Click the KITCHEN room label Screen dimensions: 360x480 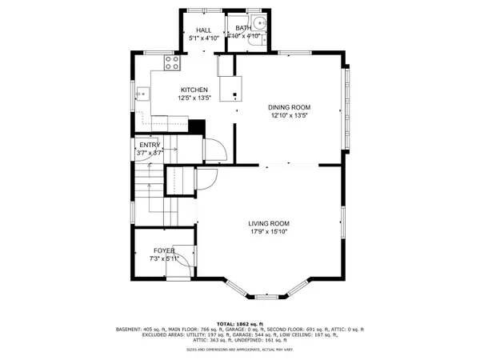click(194, 90)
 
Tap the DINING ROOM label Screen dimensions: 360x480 click(288, 107)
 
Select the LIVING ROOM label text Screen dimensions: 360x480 click(268, 223)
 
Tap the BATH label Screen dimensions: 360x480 click(243, 28)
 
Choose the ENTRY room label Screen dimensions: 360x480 click(150, 144)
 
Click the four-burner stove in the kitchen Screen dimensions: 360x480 click(171, 60)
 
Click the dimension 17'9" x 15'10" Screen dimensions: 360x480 click(268, 232)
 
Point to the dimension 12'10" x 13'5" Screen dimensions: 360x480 click(288, 116)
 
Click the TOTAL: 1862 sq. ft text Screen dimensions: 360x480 click(240, 321)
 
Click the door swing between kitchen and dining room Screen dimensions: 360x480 click(214, 150)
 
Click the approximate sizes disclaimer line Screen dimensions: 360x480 click(240, 350)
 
